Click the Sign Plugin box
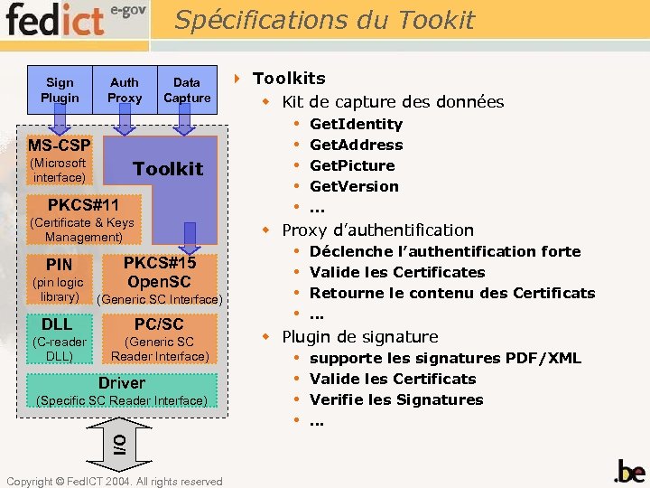(60, 89)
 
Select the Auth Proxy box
(125, 89)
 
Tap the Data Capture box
(187, 89)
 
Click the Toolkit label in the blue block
(168, 169)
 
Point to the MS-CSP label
(59, 145)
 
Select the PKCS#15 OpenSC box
(159, 270)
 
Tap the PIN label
(60, 265)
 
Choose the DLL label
(56, 324)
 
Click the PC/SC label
(159, 324)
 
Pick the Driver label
(121, 383)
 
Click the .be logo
(629, 471)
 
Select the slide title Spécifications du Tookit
(324, 19)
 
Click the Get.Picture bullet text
(352, 165)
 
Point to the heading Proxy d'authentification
(377, 230)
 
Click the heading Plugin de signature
(359, 336)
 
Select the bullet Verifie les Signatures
(396, 399)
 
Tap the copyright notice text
(114, 482)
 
